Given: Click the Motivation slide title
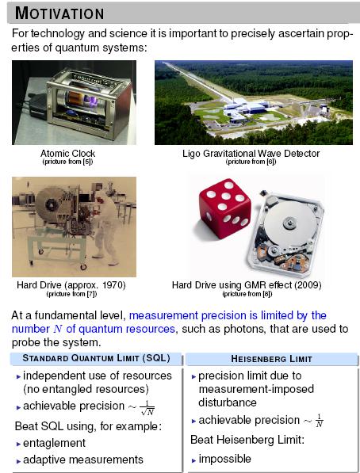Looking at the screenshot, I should coord(60,13).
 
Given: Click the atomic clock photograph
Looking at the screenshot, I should coord(74,102).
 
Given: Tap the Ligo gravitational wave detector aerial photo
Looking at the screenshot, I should coord(253,102).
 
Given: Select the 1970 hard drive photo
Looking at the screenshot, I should coord(74,227).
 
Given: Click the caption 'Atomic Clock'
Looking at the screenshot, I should coord(67,153).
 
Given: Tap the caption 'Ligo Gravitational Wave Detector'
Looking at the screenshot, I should coord(251,153).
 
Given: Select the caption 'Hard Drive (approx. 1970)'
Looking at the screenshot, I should coord(71,284).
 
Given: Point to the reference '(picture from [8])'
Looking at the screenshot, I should coord(250,293).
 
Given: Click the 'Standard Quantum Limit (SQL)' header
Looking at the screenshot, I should coord(96,358).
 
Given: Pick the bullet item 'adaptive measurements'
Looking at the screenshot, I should coord(84,460).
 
